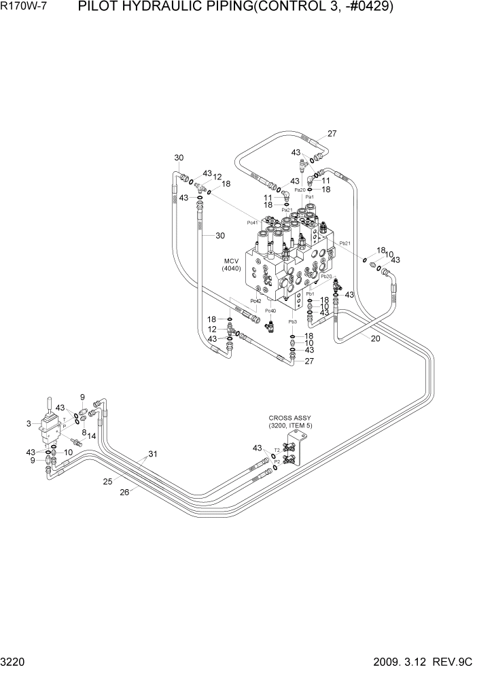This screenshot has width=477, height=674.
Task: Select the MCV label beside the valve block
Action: pos(232,261)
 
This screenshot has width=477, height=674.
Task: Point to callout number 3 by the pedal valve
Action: pos(29,423)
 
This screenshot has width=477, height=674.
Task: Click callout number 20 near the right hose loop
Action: pos(375,338)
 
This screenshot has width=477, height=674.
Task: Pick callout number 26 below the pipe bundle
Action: pos(124,493)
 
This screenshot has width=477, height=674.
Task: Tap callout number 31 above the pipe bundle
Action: pos(153,455)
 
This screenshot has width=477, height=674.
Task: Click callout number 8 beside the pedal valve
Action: pos(84,432)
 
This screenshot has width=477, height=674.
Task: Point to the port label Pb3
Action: pos(293,321)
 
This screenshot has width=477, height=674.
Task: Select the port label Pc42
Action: pos(255,300)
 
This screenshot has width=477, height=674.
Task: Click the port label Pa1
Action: pos(309,196)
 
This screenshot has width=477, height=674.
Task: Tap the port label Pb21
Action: pos(344,243)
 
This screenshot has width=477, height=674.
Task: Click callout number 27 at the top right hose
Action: pos(332,133)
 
